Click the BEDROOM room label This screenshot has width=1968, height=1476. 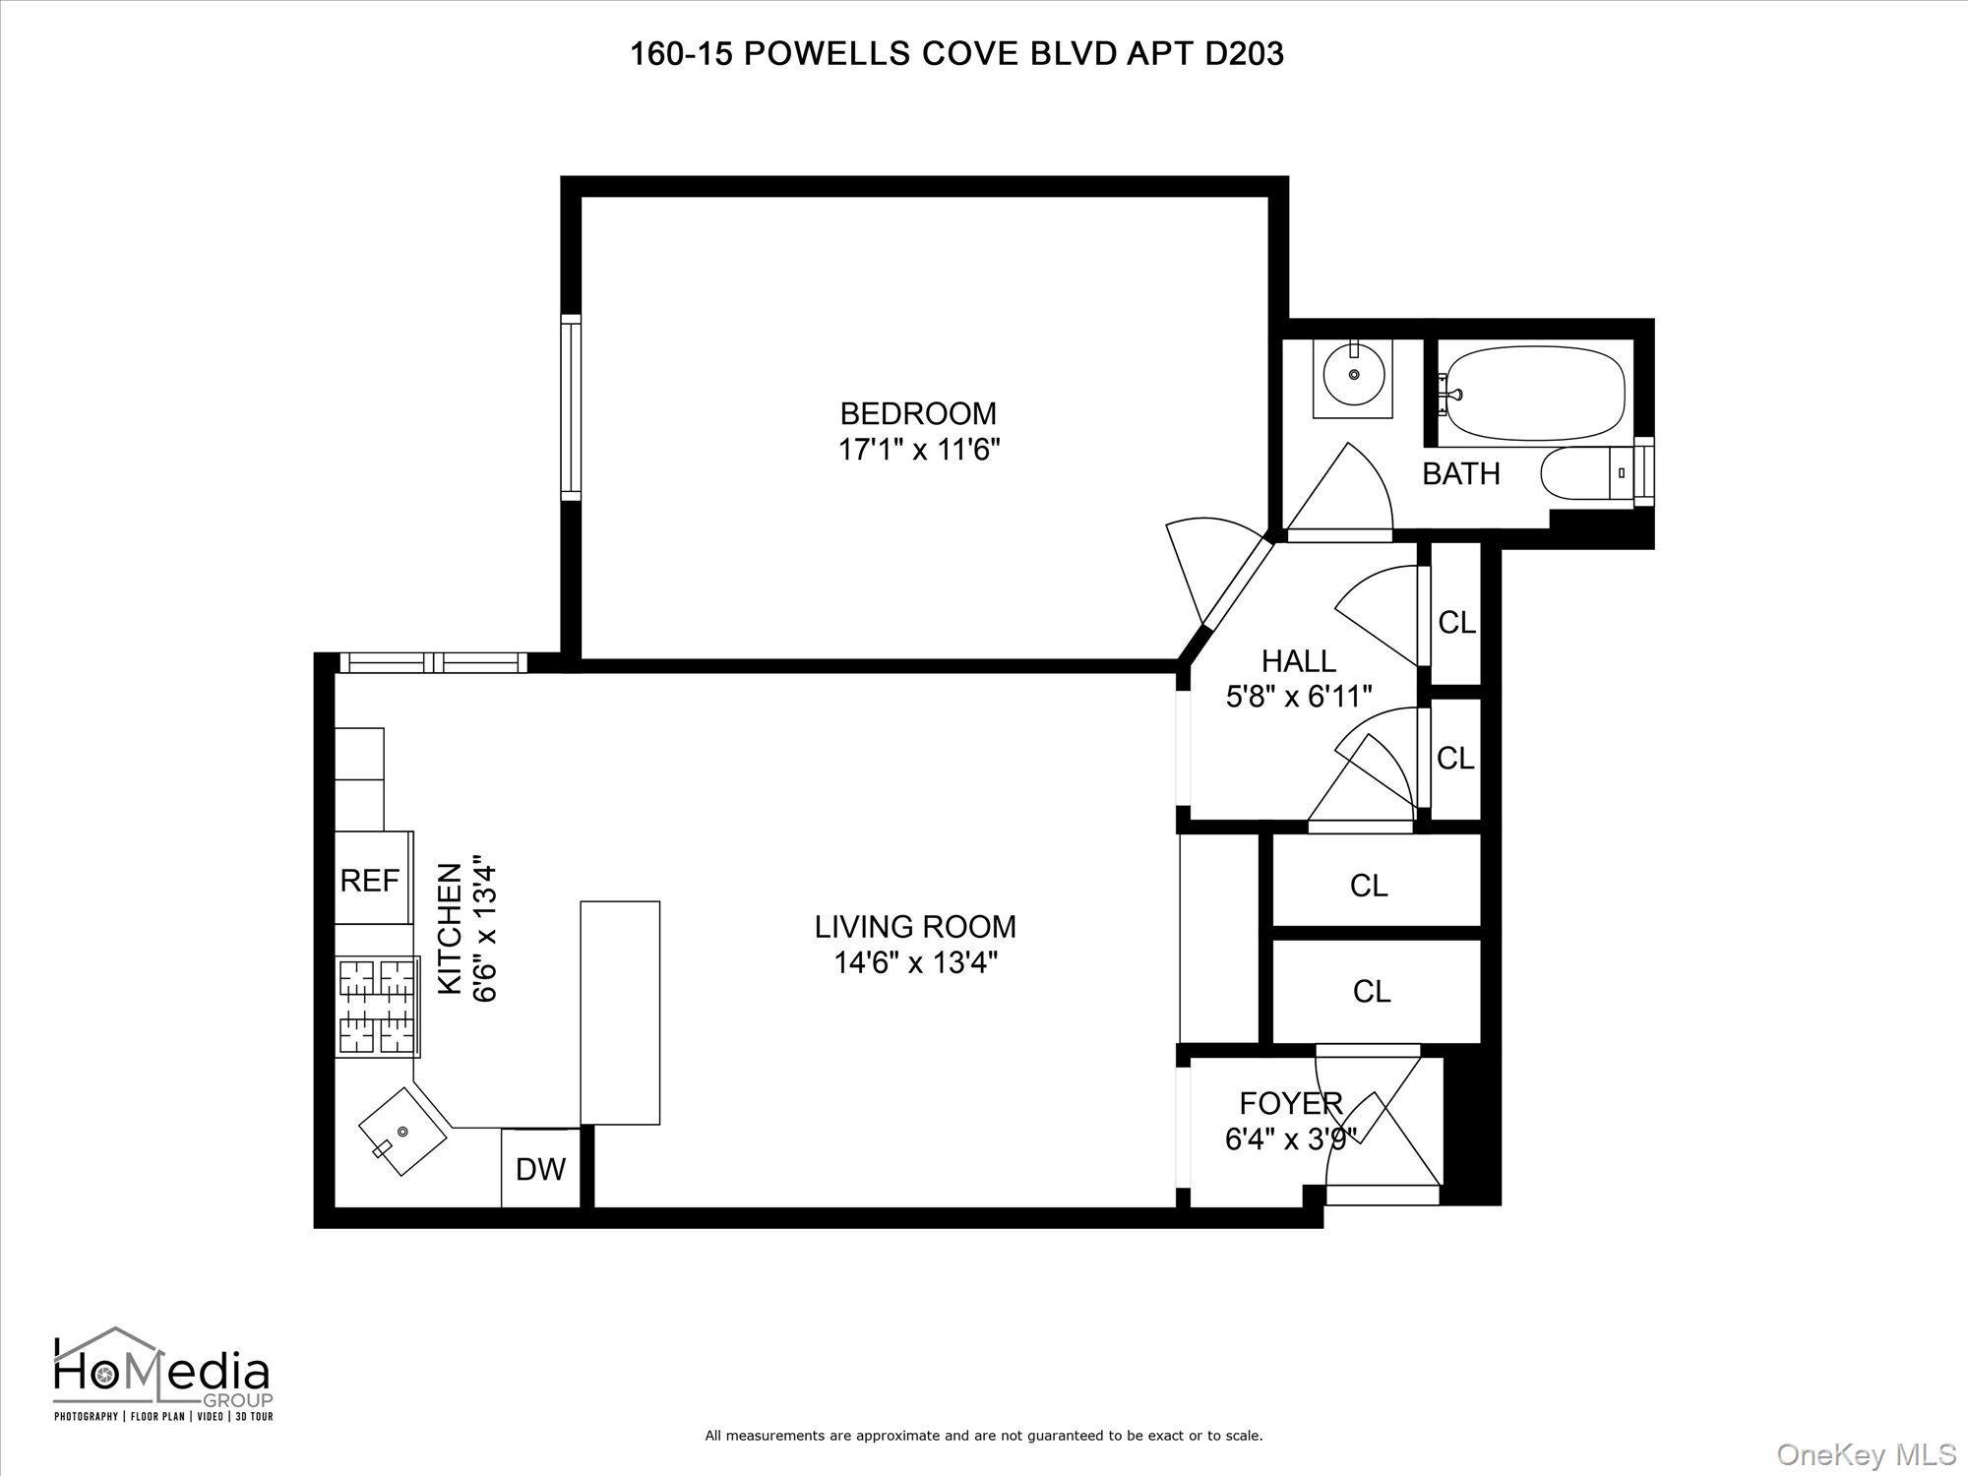click(x=917, y=413)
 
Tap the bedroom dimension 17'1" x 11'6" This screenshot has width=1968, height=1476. click(x=918, y=451)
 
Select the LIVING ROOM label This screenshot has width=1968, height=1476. click(x=915, y=926)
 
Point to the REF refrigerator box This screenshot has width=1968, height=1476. click(x=371, y=879)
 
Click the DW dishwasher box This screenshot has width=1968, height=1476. click(x=540, y=1169)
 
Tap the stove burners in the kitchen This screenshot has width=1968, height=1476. click(x=377, y=1007)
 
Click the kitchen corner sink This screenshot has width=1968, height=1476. click(x=402, y=1131)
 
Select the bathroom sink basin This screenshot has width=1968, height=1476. click(x=1354, y=376)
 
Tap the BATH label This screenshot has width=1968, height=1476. click(x=1460, y=474)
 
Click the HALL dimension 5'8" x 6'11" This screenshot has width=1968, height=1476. click(x=1298, y=697)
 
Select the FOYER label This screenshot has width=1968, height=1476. click(x=1290, y=1104)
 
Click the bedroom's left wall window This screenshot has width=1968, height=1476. click(x=571, y=407)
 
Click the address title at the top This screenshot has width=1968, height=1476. click(x=956, y=54)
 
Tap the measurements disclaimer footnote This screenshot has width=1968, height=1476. click(x=983, y=1436)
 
